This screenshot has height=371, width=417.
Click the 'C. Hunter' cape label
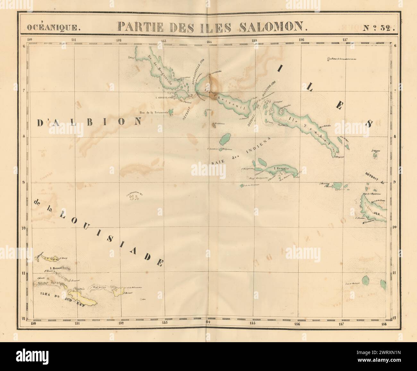pyautogui.click(x=362, y=218)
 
